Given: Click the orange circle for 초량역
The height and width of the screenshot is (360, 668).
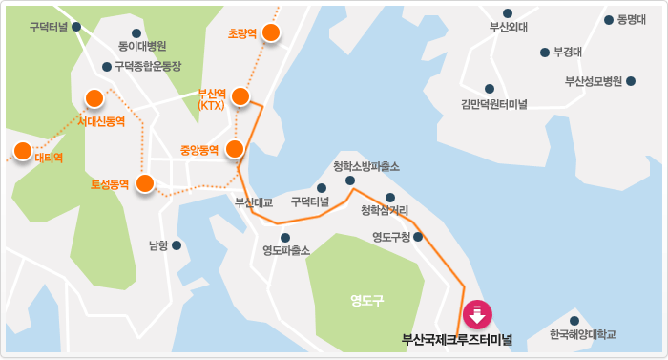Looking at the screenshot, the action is (271, 33).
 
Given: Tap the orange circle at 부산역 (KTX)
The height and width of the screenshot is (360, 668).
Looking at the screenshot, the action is (240, 95).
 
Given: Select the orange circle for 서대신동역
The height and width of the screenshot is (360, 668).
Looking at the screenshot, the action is (94, 97).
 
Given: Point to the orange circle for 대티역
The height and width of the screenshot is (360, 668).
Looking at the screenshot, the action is (21, 150).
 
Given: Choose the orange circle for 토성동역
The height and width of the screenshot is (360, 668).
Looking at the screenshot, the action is (145, 183).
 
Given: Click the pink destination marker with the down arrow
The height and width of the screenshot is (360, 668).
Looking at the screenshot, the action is (476, 313).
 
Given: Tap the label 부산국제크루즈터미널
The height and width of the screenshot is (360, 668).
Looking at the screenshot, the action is (457, 339).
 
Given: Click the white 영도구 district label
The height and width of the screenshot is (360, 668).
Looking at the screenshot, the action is (366, 300).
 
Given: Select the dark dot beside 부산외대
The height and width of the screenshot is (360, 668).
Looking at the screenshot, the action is (508, 13).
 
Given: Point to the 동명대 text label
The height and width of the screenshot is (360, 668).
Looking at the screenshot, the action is (633, 19).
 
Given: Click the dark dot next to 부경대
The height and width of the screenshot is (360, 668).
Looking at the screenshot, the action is (544, 53).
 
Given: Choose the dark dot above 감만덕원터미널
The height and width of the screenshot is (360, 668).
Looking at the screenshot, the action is (490, 89).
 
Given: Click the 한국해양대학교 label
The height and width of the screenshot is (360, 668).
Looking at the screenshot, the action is (583, 335).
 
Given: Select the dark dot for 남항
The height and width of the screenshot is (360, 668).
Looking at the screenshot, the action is (177, 245).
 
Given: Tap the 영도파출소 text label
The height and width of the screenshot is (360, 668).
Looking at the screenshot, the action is (286, 251).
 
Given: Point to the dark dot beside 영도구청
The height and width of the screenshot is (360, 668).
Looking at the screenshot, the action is (418, 236).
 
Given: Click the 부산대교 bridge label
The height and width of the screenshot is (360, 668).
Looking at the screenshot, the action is (254, 202).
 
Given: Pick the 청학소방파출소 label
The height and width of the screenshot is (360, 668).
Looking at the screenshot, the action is (366, 166).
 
